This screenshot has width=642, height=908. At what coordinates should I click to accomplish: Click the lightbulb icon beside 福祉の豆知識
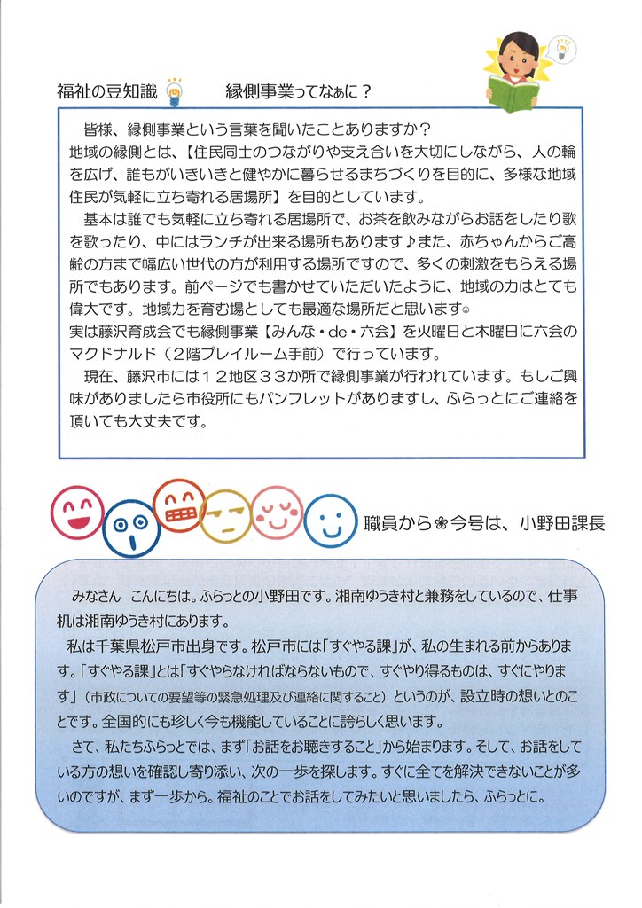[x=175, y=90]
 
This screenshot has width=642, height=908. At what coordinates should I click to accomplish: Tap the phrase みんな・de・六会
[x=337, y=331]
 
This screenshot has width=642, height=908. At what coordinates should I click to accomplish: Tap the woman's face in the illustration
[x=516, y=51]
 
